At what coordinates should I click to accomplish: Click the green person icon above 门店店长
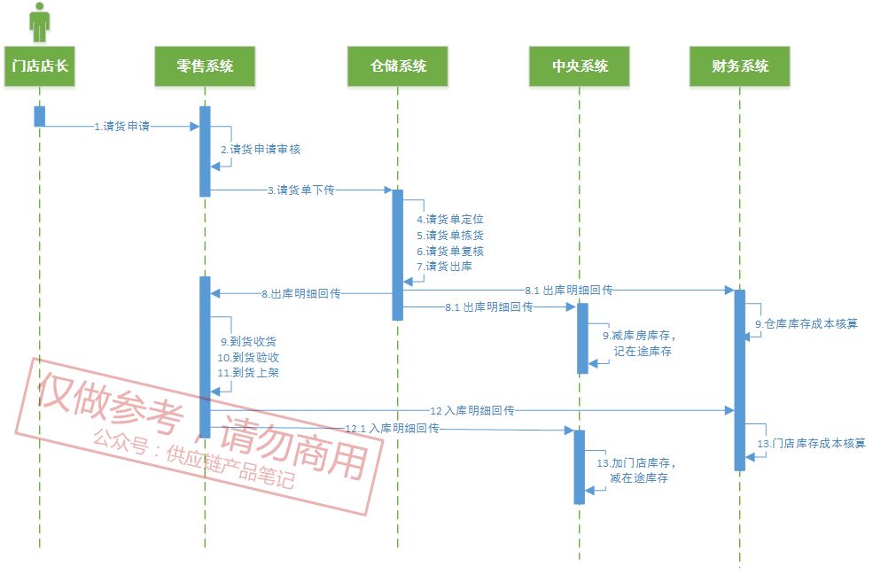(39, 22)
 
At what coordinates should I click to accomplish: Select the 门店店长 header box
(39, 66)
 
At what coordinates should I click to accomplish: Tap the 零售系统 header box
(205, 66)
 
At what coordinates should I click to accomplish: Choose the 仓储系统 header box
(398, 66)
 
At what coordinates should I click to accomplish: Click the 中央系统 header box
(580, 66)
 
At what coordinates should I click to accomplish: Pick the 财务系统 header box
(739, 66)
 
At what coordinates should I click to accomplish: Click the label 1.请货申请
(122, 127)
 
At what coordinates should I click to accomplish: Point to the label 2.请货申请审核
(261, 150)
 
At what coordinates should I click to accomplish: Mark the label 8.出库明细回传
(301, 294)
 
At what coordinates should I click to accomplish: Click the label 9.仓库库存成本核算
(807, 323)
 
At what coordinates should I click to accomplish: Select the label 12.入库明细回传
(472, 411)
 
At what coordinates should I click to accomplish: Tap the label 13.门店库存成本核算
(811, 443)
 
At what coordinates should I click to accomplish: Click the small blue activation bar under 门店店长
(40, 116)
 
